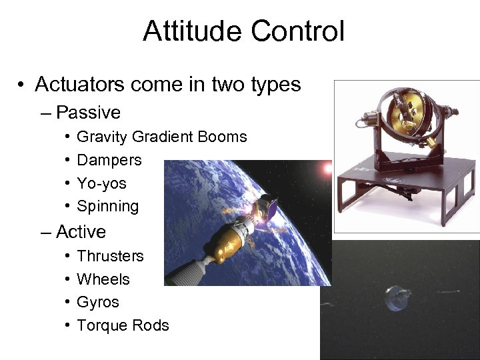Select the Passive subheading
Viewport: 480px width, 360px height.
pos(88,112)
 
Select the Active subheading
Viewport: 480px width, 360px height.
pos(81,231)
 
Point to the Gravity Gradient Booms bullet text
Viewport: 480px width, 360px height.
pos(162,137)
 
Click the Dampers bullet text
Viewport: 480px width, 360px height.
pos(109,160)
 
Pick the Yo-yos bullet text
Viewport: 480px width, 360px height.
pos(101,183)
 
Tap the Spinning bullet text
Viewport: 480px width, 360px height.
pos(108,207)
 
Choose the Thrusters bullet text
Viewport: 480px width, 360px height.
pos(110,256)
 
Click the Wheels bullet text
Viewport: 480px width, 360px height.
pos(103,279)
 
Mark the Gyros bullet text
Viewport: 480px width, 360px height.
pos(98,302)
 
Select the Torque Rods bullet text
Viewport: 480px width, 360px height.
pos(123,325)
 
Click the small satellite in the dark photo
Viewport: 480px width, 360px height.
pos(398,298)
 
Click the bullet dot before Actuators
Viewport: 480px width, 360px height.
pos(22,85)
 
